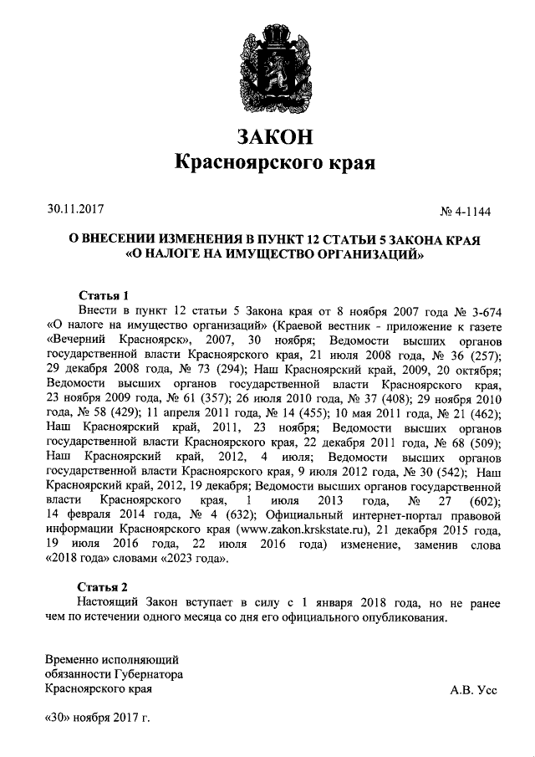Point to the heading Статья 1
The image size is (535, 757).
104,295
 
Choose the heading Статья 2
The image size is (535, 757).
104,586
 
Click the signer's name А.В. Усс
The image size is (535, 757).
473,690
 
